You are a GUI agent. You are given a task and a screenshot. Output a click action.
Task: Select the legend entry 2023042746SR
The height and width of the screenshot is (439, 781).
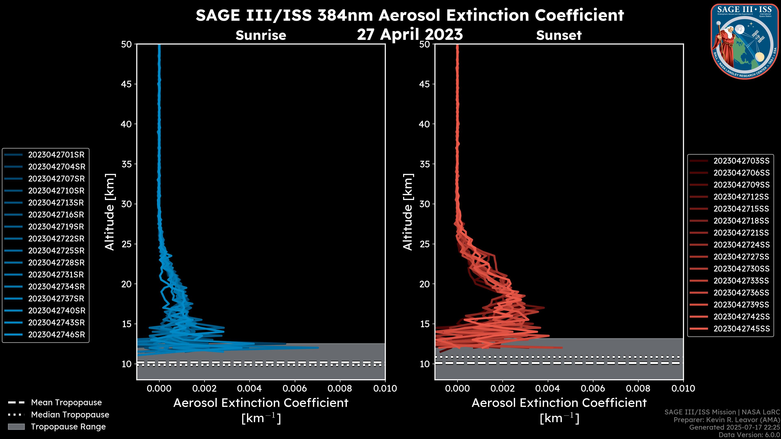[56, 335]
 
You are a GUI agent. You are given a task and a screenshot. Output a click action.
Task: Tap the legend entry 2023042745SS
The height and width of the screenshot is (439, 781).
[741, 329]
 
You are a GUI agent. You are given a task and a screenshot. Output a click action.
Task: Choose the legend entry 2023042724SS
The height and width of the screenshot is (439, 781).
[741, 245]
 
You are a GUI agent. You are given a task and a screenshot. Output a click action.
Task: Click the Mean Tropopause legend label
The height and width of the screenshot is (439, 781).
[66, 403]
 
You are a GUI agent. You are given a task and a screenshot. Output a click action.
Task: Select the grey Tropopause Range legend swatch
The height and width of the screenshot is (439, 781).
[16, 427]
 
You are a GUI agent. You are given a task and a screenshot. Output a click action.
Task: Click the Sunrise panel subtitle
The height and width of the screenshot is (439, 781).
[261, 35]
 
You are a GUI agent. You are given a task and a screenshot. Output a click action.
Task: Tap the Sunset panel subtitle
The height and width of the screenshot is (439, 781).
[558, 35]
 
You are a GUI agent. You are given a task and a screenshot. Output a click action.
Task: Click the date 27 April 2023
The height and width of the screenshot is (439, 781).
[410, 34]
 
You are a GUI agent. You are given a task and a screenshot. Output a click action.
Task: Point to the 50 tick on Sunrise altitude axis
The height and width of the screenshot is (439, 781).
[127, 44]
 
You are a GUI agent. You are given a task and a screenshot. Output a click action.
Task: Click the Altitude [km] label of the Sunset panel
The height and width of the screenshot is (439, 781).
[408, 212]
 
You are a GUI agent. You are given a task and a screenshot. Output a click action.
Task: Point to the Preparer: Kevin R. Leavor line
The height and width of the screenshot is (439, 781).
[726, 420]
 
